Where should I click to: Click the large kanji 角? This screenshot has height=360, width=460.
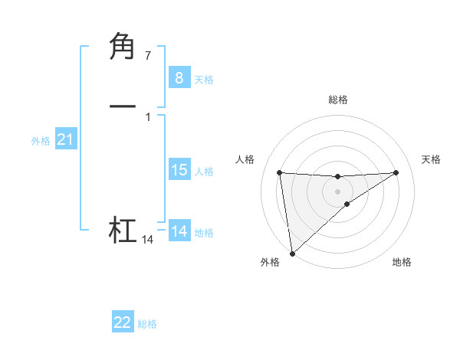(x=123, y=47)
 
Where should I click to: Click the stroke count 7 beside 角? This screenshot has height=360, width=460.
(x=147, y=55)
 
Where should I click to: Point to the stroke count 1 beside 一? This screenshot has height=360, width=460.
(x=147, y=116)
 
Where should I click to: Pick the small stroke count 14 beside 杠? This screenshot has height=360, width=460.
(x=147, y=240)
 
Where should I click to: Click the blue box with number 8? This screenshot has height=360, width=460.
(x=179, y=77)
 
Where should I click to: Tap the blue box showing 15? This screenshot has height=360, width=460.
(x=179, y=170)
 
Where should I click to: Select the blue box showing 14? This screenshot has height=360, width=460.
(x=179, y=231)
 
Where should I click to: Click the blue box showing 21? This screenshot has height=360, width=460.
(x=65, y=139)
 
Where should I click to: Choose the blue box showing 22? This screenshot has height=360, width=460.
(x=123, y=322)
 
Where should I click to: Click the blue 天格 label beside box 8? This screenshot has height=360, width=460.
(x=204, y=80)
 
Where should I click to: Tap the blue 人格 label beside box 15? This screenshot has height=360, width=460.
(x=204, y=172)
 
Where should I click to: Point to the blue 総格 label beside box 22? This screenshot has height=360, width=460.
(x=147, y=324)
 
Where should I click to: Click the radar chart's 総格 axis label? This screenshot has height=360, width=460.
(x=338, y=100)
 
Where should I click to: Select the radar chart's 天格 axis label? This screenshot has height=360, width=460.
(x=432, y=159)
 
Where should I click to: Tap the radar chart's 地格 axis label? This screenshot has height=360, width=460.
(x=402, y=262)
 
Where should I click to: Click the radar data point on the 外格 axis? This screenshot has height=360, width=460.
(x=291, y=253)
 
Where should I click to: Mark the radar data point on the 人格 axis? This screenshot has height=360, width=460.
(x=280, y=172)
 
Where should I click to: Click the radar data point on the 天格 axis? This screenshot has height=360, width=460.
(x=396, y=172)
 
